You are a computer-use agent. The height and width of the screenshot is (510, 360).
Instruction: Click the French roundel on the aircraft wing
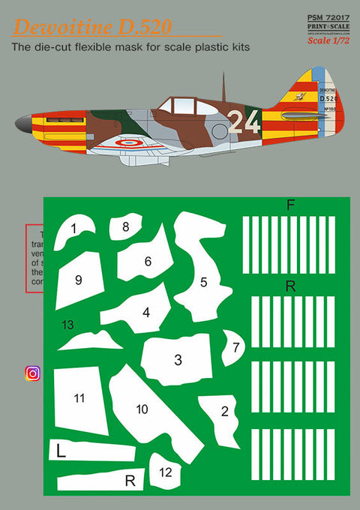click(x=129, y=142)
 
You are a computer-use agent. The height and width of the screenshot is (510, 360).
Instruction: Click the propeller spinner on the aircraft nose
click(x=25, y=121)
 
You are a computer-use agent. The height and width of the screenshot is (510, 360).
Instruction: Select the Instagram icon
click(x=33, y=373)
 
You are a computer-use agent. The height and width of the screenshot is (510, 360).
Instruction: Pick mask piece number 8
click(x=125, y=226)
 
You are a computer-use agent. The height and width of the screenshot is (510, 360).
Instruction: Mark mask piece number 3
click(x=178, y=359)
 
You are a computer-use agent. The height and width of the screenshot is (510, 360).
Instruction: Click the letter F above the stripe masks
click(x=291, y=204)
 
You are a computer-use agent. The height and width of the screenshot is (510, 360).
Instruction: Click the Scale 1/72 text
click(x=328, y=40)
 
